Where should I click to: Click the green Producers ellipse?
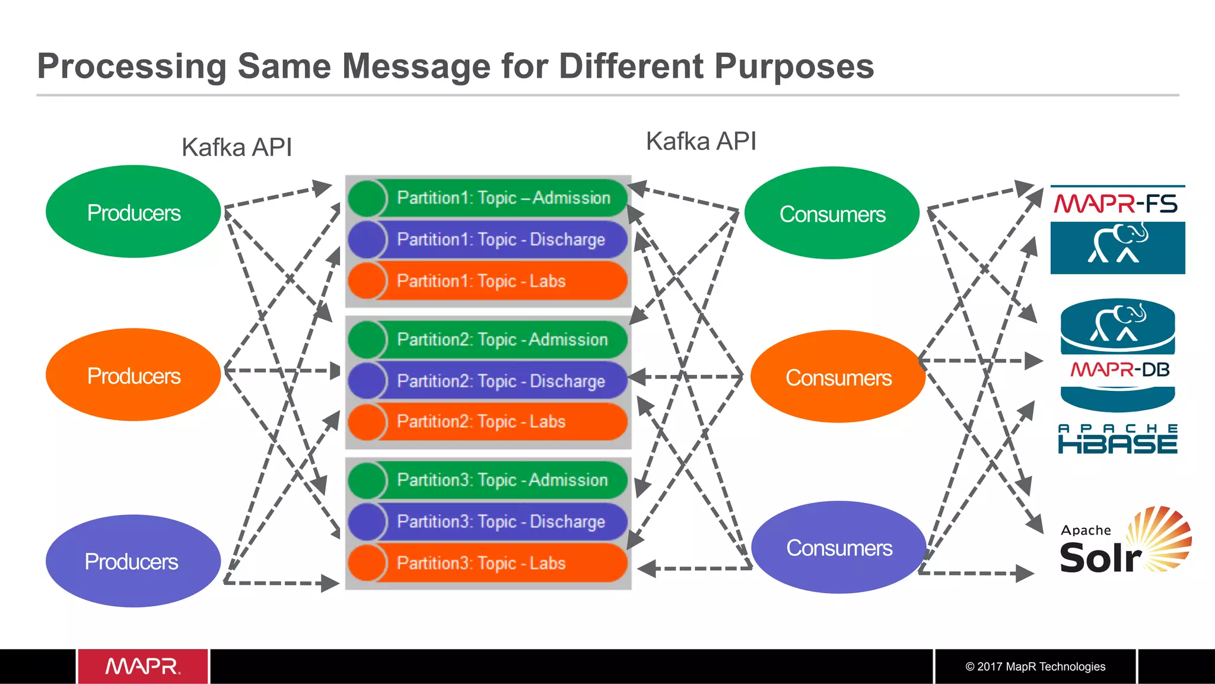133,212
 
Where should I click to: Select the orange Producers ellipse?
133,375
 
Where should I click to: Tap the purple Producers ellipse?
132,561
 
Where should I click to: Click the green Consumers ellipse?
832,214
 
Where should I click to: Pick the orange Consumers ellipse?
838,377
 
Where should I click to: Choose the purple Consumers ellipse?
839,548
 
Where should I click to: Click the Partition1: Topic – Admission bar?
503,198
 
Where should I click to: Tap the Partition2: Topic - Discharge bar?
501,381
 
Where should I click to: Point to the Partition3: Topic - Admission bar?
502,480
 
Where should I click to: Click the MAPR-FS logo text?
1116,204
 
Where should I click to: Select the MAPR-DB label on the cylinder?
1119,370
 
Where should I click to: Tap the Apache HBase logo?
1118,439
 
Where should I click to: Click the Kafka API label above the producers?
237,147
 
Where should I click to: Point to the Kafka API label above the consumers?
701,141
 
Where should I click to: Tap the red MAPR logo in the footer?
142,666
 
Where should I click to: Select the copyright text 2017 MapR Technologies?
1035,666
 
